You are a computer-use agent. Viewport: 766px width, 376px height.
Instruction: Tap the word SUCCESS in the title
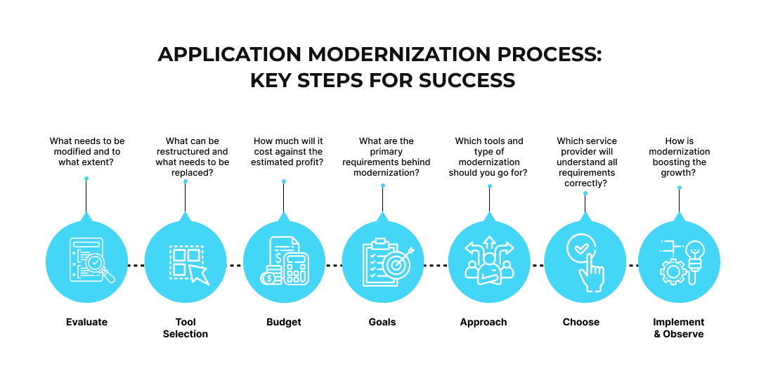[x=467, y=80]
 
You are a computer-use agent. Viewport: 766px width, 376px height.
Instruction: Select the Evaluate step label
[x=86, y=322]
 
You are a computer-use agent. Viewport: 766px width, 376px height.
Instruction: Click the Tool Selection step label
[x=186, y=328]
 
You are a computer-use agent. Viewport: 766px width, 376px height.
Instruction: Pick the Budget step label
[x=283, y=322]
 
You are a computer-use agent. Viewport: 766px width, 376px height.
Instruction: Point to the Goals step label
[x=382, y=322]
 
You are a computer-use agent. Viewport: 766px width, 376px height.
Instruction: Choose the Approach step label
[x=483, y=322]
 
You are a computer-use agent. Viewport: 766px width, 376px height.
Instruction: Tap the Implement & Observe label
[x=678, y=328]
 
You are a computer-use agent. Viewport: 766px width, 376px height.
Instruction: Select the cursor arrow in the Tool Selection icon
[x=198, y=274]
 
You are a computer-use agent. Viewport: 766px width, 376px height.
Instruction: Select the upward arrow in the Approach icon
[x=489, y=247]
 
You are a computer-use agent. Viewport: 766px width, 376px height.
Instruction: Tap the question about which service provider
[x=587, y=162]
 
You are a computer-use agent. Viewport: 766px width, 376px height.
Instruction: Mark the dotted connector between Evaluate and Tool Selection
[x=136, y=265]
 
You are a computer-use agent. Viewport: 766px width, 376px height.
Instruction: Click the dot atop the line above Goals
[x=383, y=186]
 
